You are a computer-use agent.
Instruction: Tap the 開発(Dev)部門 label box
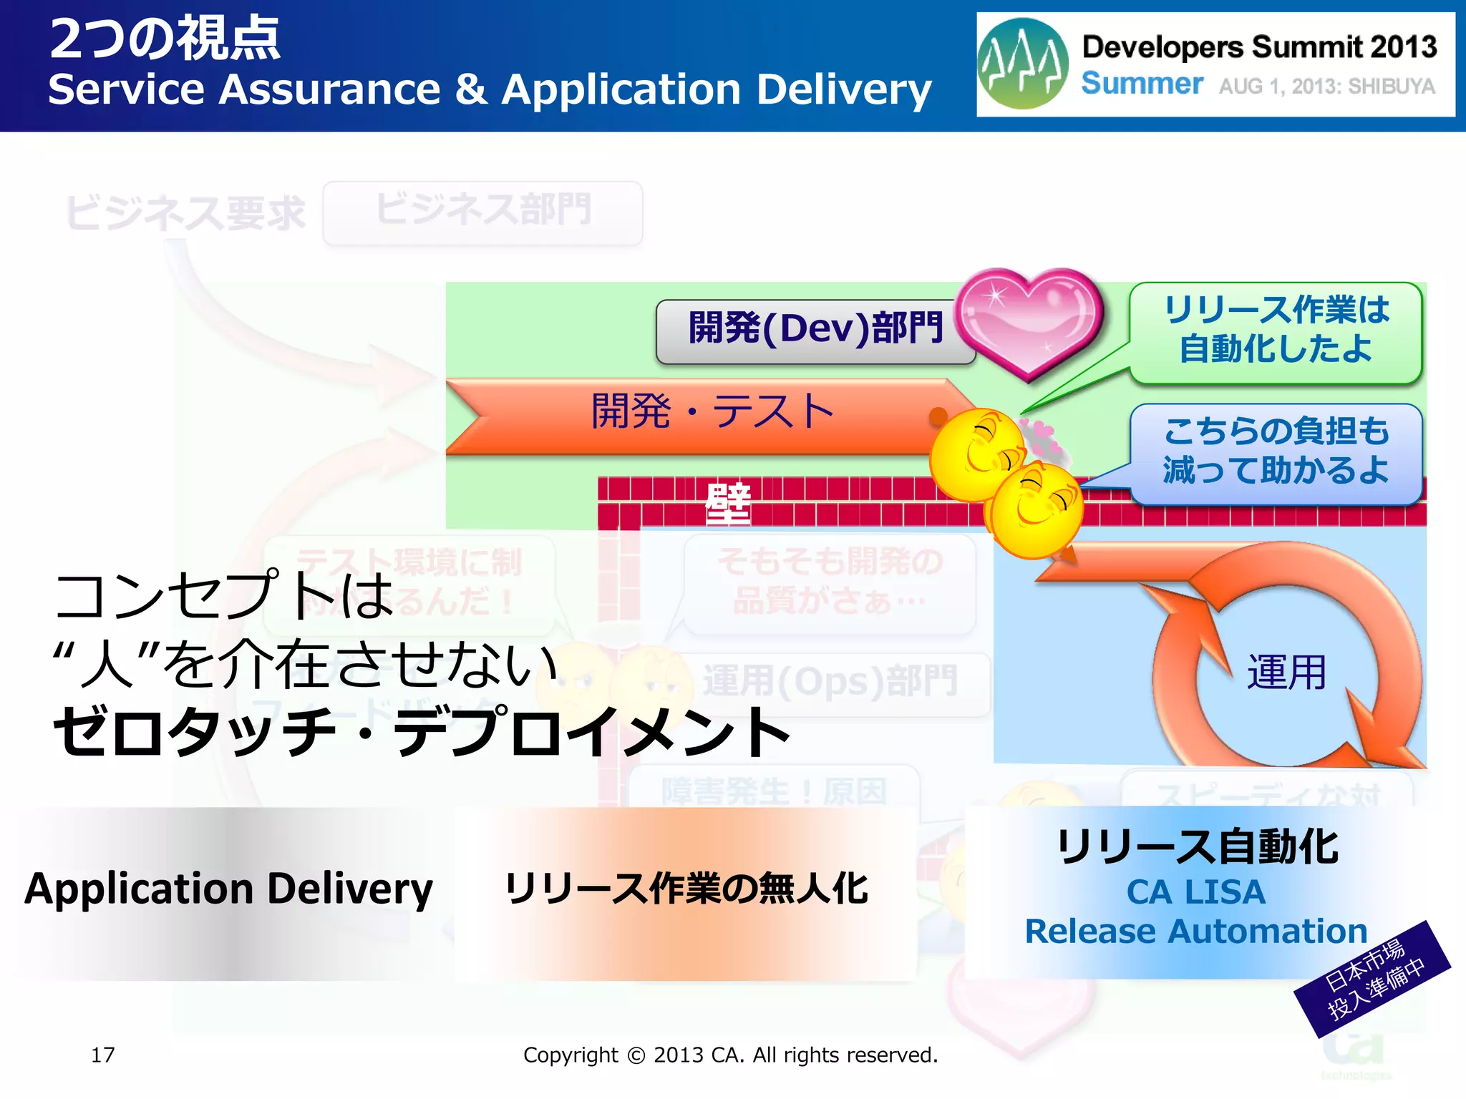(815, 330)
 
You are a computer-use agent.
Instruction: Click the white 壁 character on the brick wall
(728, 503)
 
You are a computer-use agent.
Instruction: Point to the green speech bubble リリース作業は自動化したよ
(1276, 331)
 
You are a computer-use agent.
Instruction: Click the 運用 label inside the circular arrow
(1286, 673)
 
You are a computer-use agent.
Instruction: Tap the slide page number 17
(102, 1055)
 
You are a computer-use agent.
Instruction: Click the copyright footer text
(730, 1055)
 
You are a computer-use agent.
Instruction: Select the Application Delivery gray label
(229, 889)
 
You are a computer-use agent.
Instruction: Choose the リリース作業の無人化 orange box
(686, 889)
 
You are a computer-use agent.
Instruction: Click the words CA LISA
(1196, 892)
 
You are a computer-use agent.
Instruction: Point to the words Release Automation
(1196, 932)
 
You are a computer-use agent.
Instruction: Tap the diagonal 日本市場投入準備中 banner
(1372, 980)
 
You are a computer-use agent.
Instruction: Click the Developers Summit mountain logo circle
(1022, 64)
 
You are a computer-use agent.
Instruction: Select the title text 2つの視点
(165, 39)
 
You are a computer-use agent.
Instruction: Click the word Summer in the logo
(1142, 84)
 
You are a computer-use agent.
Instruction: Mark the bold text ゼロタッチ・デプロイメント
(422, 732)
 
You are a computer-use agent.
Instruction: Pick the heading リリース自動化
(1196, 848)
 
